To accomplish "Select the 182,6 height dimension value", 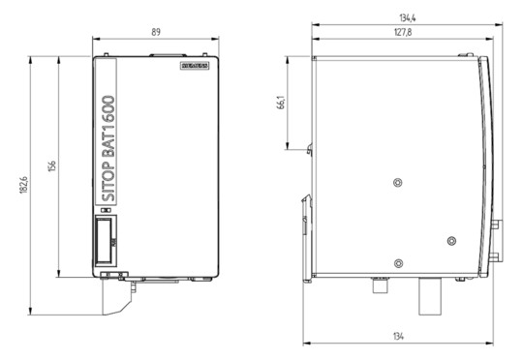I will pos(22,184).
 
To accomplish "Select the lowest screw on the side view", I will pos(398,263).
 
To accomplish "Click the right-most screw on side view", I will pos(450,240).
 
